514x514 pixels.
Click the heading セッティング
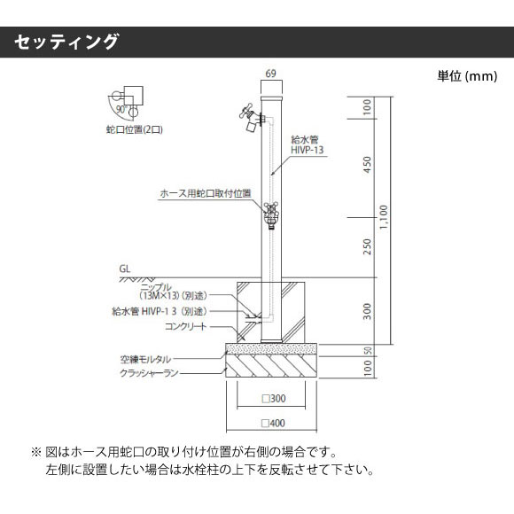tap(66, 42)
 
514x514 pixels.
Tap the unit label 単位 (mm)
tap(467, 76)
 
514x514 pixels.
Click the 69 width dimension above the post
tap(271, 74)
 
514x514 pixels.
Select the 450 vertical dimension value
tap(367, 165)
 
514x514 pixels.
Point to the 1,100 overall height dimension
tap(384, 217)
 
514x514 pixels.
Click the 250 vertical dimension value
tap(367, 246)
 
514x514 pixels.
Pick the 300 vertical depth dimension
tap(367, 311)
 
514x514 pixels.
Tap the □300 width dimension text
tap(274, 399)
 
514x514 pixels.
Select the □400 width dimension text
tap(273, 424)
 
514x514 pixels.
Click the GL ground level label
tap(125, 269)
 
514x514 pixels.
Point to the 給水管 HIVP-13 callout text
tap(308, 144)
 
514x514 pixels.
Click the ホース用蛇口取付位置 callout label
tap(206, 193)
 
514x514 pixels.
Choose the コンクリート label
tap(185, 326)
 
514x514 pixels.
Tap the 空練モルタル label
tap(145, 359)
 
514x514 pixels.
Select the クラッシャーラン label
tap(149, 373)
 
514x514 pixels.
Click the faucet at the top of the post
tap(252, 117)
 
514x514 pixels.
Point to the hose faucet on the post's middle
tap(271, 215)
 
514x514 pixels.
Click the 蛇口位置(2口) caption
tap(135, 129)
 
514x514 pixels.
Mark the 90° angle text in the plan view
tap(121, 109)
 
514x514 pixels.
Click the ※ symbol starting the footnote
tap(35, 452)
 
